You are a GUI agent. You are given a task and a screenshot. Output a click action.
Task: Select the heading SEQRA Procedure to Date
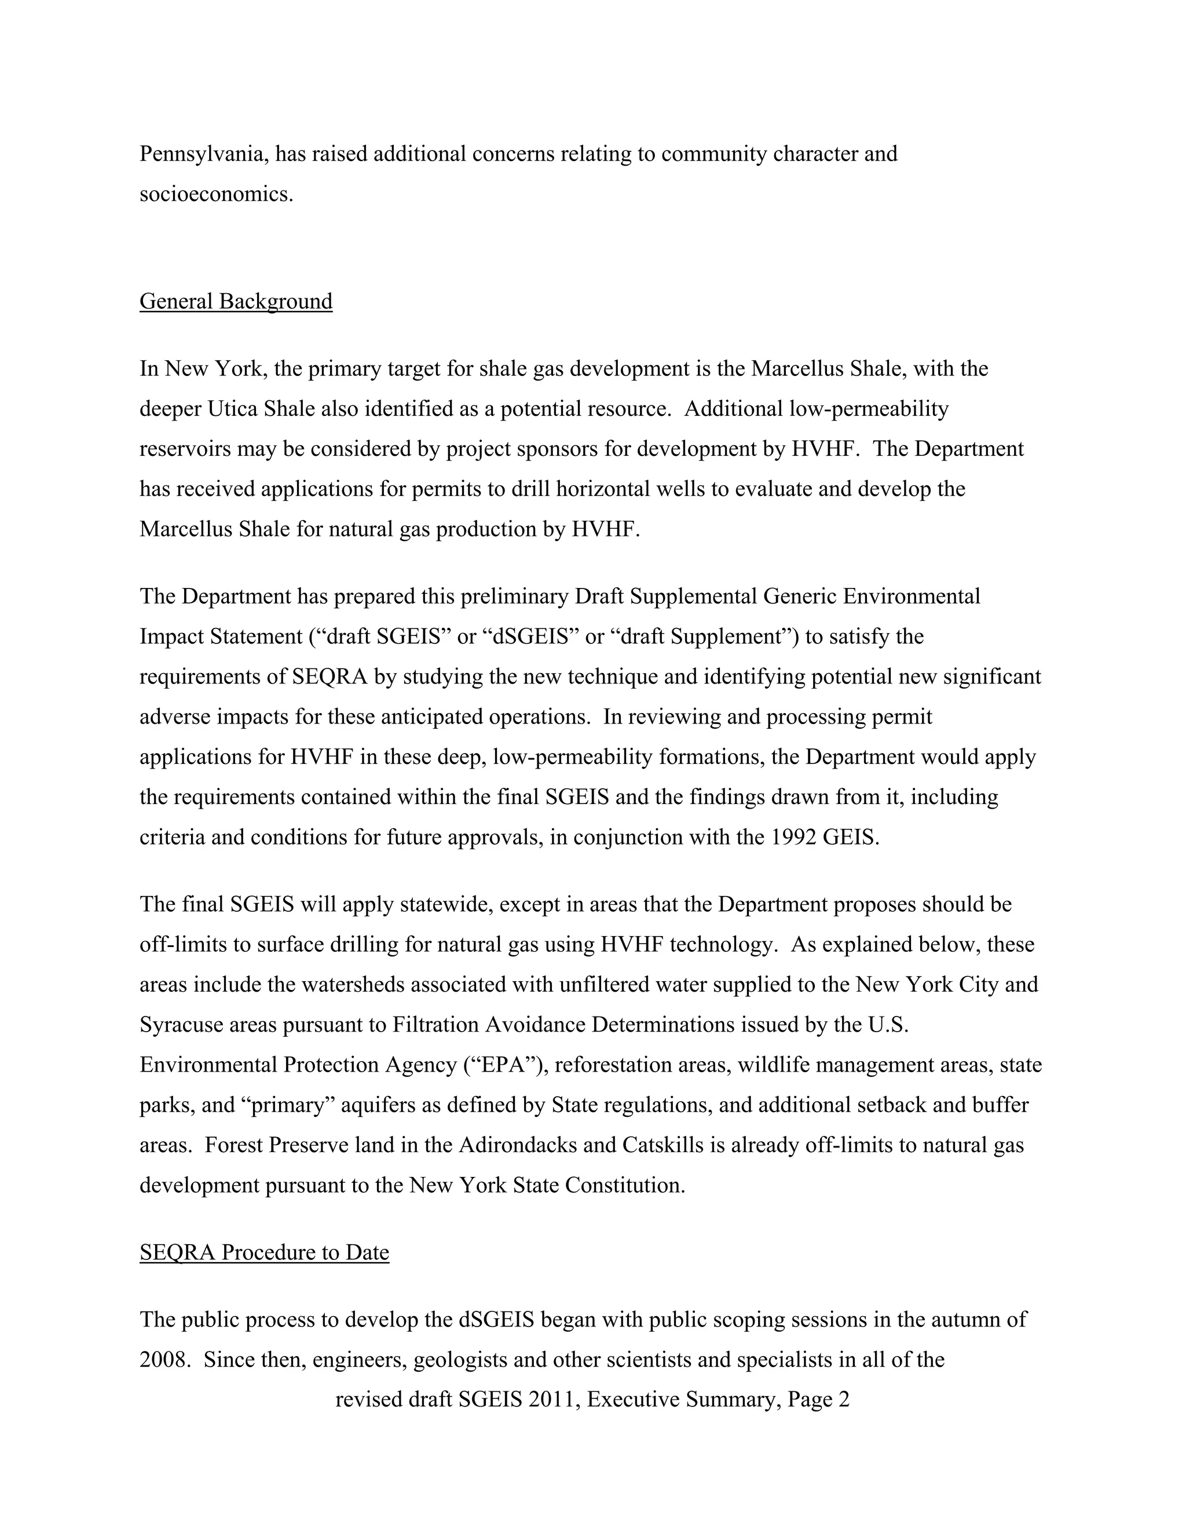point(264,1252)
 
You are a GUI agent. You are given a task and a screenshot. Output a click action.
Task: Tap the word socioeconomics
point(215,194)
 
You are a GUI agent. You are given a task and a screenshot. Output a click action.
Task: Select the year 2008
point(162,1360)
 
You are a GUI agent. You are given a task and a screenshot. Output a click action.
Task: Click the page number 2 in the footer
point(844,1400)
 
